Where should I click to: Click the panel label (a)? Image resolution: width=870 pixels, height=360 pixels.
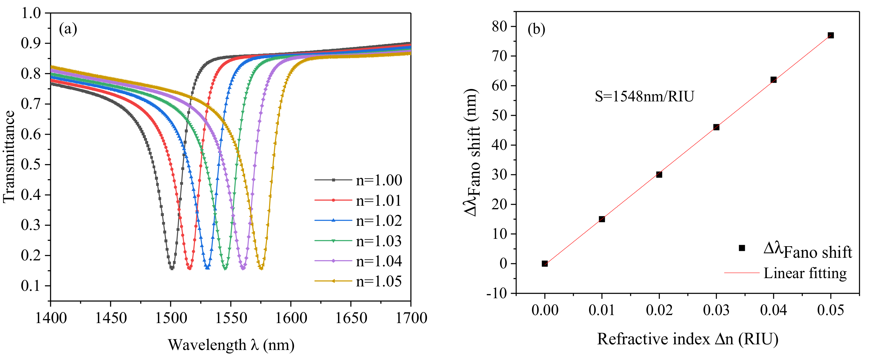(x=68, y=29)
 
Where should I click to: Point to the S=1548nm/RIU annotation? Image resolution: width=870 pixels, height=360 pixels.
(x=644, y=97)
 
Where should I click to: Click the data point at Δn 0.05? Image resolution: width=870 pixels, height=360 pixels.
(x=830, y=35)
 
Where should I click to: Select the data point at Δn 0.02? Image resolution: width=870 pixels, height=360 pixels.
(x=659, y=175)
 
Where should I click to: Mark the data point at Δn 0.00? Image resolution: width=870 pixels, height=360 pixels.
(x=544, y=263)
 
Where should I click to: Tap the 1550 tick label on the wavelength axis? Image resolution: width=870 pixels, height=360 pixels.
(x=231, y=318)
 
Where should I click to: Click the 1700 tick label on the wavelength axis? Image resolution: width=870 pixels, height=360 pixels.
(x=411, y=318)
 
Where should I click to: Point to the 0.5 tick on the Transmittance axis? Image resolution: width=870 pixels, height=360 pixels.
(x=31, y=164)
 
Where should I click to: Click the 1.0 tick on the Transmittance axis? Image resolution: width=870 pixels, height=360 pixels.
(x=31, y=13)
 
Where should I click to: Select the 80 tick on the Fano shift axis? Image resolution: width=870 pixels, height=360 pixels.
(x=499, y=26)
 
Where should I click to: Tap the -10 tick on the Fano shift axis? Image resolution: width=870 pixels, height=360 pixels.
(x=497, y=293)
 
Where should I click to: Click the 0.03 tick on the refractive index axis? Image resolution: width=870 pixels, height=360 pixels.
(x=716, y=310)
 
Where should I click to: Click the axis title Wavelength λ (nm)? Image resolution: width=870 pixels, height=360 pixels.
(x=231, y=345)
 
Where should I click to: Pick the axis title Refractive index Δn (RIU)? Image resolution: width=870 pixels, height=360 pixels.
(x=688, y=339)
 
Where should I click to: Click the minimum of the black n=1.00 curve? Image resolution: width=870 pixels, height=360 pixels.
(x=172, y=268)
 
